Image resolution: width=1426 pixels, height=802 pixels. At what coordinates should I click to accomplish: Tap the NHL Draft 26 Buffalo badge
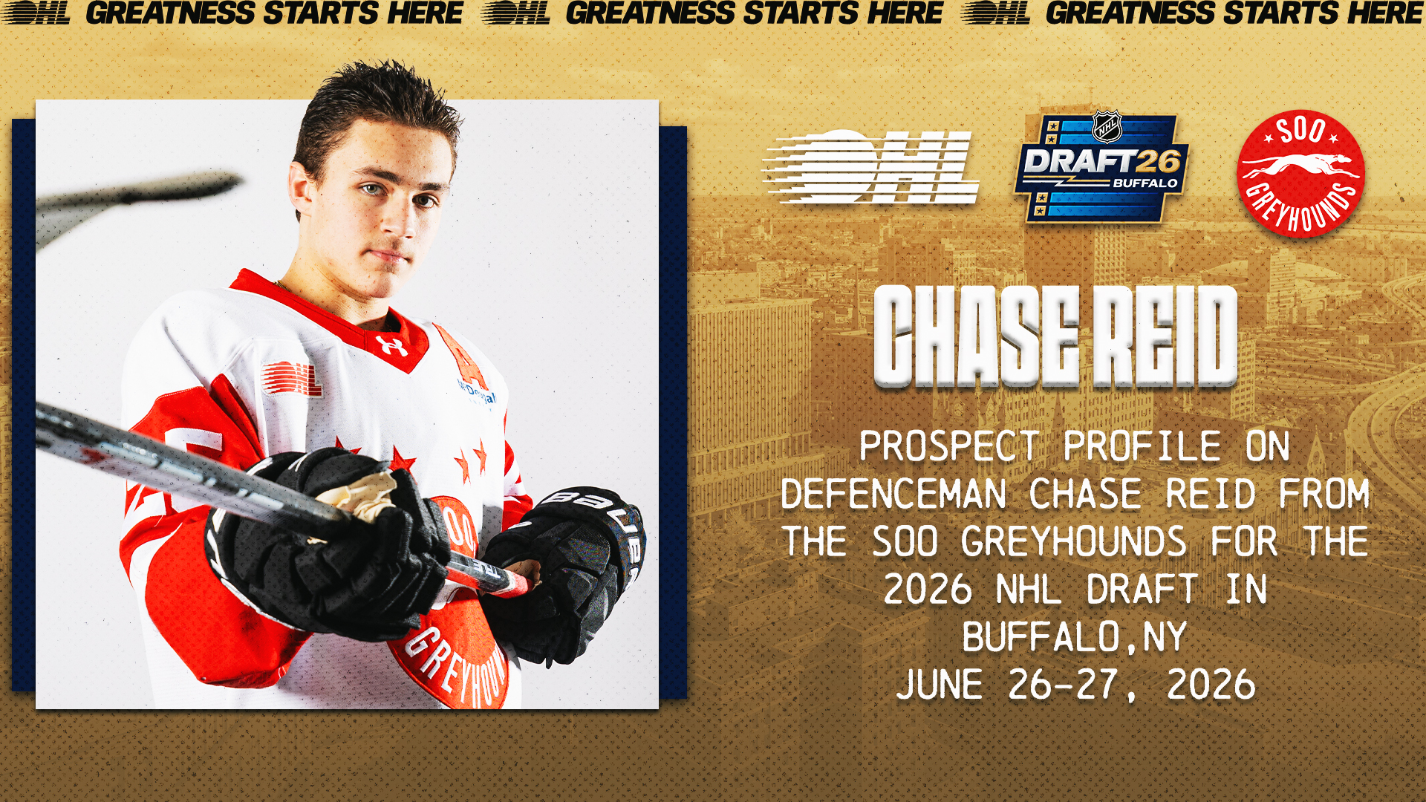(x=1101, y=168)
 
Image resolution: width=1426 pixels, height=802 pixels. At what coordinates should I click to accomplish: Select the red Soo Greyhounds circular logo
(x=1300, y=174)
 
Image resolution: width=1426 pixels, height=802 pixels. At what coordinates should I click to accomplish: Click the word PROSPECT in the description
(x=949, y=446)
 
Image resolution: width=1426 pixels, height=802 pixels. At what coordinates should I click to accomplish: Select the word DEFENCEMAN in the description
(x=893, y=494)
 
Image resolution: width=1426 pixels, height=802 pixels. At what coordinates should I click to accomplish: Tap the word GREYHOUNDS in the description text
(x=1073, y=541)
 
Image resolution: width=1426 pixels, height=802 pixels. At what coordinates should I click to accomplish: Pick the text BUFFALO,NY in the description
(x=1074, y=637)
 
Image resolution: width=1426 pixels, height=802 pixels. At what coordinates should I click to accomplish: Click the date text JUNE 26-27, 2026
(x=1075, y=685)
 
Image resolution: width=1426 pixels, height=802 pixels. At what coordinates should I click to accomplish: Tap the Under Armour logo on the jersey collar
(x=391, y=345)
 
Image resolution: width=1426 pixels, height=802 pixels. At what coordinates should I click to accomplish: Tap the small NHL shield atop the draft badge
(x=1107, y=127)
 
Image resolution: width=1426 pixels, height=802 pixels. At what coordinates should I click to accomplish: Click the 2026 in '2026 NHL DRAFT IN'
(x=928, y=590)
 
